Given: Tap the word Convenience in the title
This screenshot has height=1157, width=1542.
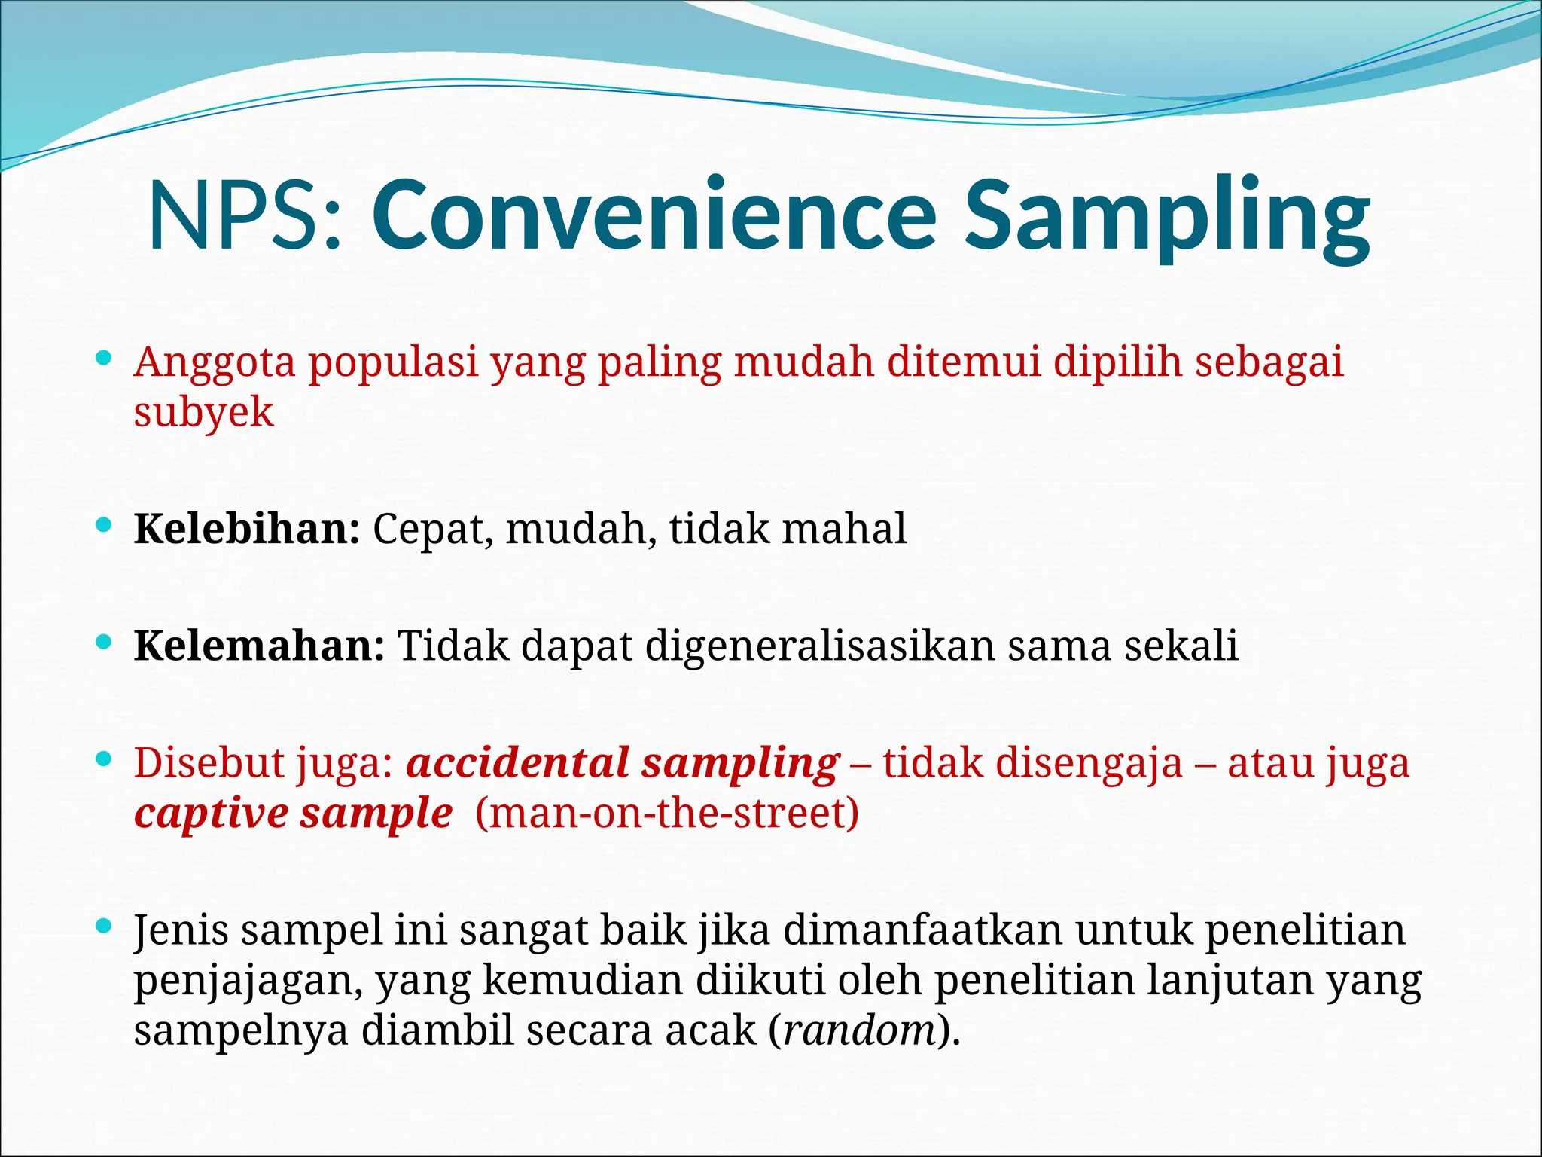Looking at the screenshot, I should pos(654,216).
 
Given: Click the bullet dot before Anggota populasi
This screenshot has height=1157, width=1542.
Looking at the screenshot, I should pos(105,357).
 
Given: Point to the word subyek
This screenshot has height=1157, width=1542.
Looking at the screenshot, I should pos(203,413).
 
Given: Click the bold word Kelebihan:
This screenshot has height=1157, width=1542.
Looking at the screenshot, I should pos(247,529).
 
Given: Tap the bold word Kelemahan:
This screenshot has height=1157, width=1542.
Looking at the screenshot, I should pos(259,646).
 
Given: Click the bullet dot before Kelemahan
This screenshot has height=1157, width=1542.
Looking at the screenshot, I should pos(105,642).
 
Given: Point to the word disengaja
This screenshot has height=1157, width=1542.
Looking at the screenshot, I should pos(1089,763).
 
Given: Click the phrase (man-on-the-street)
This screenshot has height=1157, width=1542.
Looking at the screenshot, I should pos(667,814).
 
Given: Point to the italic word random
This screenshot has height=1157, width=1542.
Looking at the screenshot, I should pos(858,1030).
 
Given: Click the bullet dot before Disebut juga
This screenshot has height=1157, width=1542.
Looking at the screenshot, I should pos(105,759).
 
